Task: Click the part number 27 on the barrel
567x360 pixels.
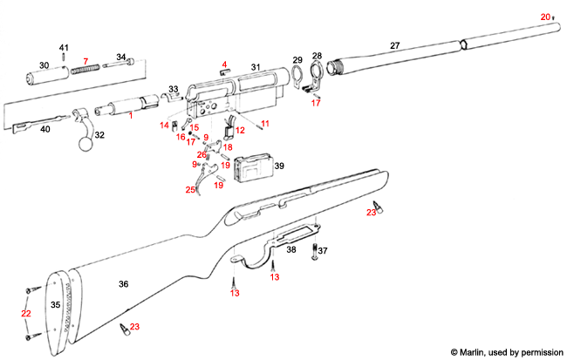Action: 394,44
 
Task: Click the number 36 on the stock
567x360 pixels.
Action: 124,284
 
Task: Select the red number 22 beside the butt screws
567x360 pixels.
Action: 25,313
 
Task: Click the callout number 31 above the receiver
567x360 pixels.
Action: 256,67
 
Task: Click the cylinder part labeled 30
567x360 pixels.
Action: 43,75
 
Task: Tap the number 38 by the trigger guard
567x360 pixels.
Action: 291,249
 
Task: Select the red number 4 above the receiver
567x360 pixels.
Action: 224,64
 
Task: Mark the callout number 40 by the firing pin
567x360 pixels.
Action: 45,129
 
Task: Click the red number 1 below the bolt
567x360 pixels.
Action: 131,116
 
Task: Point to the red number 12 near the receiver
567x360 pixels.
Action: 240,130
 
